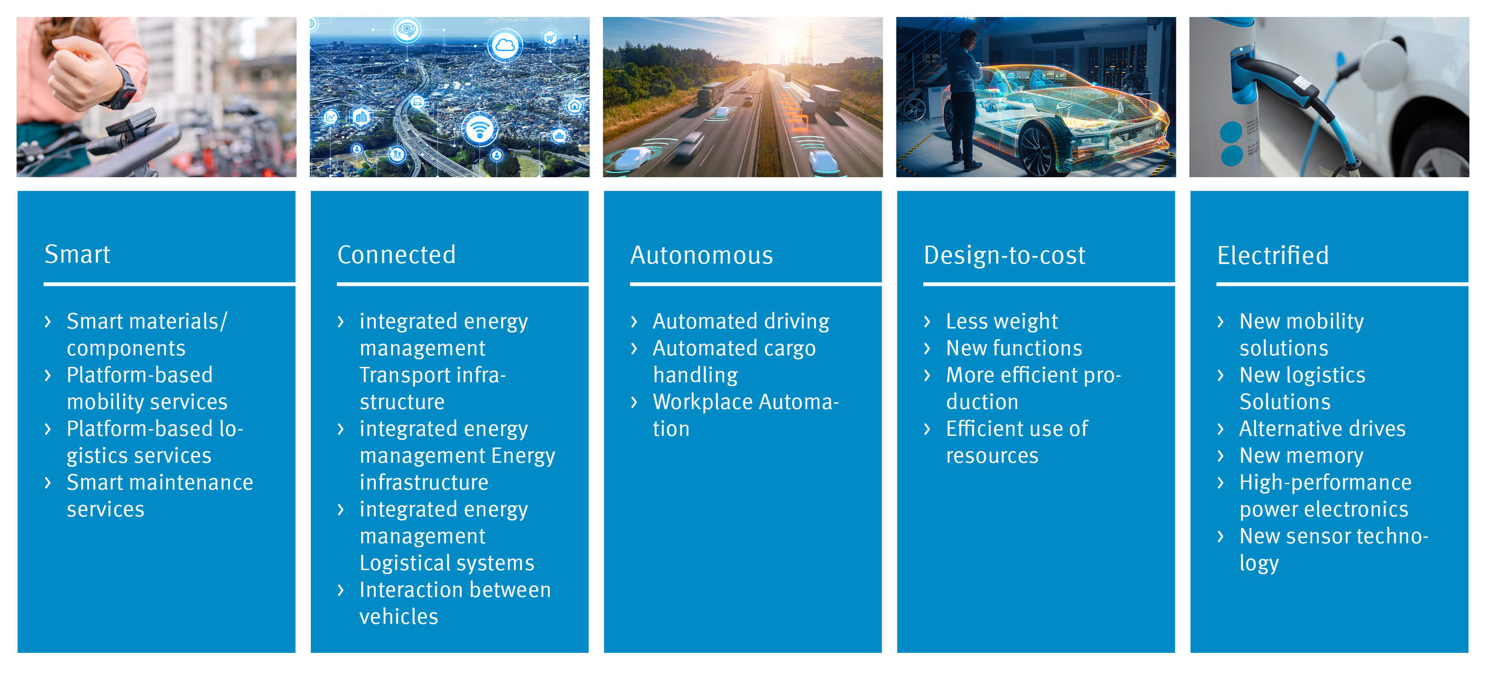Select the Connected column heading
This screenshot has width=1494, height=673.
coord(397,255)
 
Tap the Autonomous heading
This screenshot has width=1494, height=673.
coord(702,255)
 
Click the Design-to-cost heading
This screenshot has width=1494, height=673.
coord(1005,255)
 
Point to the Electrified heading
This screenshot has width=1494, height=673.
coord(1273,255)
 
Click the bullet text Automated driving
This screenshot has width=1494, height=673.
coord(741,321)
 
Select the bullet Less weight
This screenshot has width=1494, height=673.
coord(1002,321)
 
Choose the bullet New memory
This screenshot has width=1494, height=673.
coord(1302,456)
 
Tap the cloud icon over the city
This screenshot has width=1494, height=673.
coord(505,45)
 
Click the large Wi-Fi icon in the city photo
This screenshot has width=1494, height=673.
coord(479,129)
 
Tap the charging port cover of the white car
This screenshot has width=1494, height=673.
coord(1383,64)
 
